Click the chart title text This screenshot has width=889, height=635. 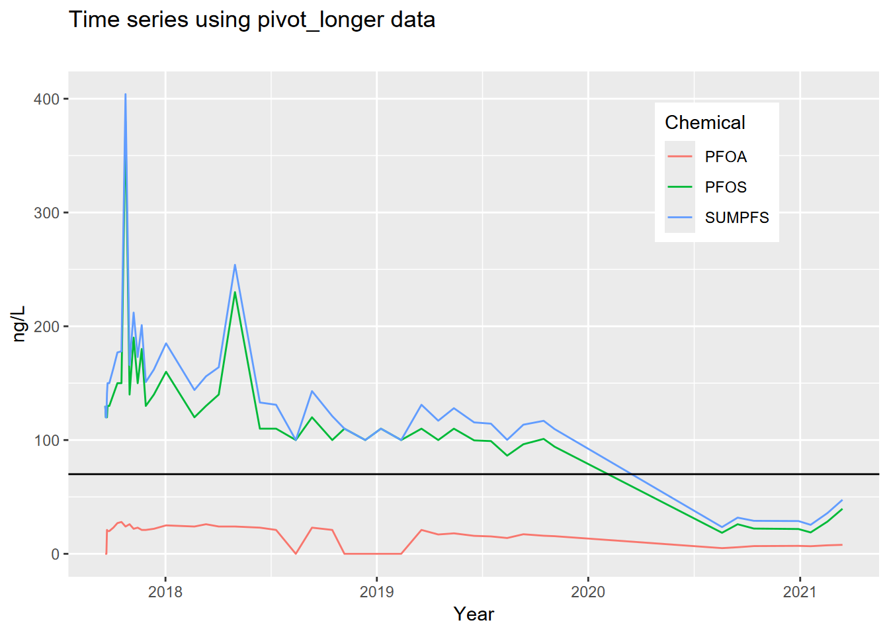[x=252, y=20]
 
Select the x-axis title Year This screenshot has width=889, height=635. [x=474, y=614]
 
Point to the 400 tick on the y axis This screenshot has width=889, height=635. [x=46, y=99]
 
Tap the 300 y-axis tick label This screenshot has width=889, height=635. [x=46, y=213]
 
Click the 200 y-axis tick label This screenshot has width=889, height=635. [x=46, y=327]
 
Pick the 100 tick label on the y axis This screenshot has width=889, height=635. [x=46, y=441]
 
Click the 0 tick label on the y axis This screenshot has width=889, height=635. [x=55, y=554]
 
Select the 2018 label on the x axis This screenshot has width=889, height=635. [x=165, y=592]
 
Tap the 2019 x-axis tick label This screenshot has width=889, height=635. [x=376, y=592]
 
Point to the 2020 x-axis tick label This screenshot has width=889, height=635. [x=588, y=592]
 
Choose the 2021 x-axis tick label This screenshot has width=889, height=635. [x=800, y=592]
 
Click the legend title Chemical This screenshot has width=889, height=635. [x=704, y=122]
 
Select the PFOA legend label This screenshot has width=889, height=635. [x=726, y=157]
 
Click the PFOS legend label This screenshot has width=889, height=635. [x=726, y=187]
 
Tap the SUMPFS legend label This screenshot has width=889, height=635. [x=737, y=218]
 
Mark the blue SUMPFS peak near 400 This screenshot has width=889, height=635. [x=125, y=95]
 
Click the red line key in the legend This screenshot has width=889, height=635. [x=680, y=157]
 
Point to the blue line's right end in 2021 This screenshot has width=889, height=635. [x=842, y=500]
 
